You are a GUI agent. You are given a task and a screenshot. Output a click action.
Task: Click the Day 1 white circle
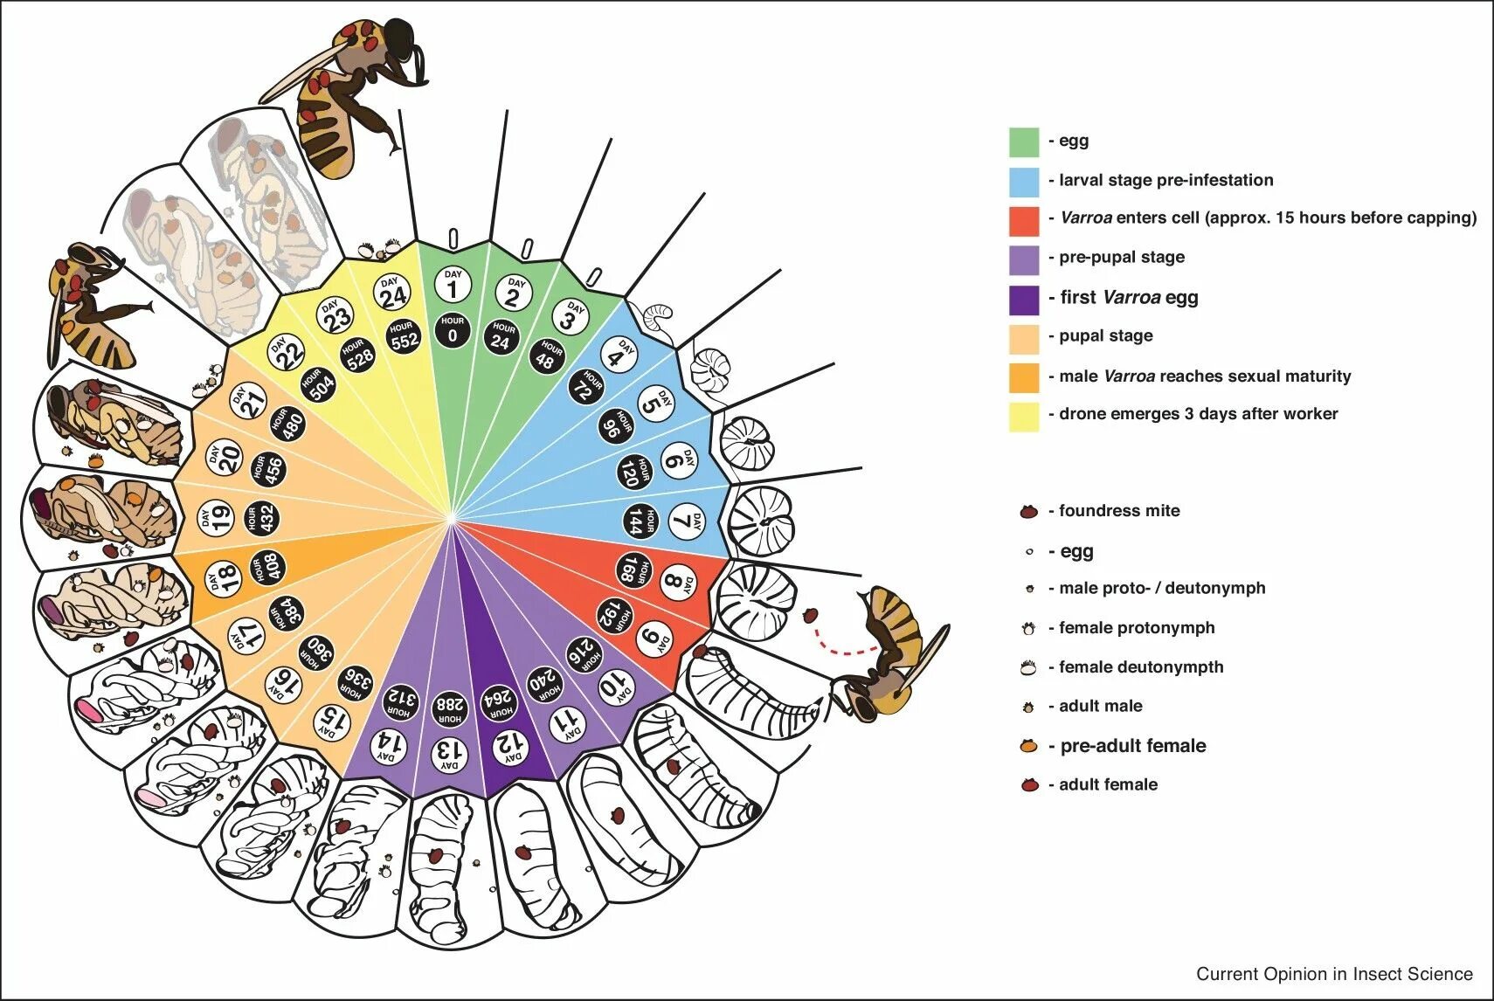coord(453,285)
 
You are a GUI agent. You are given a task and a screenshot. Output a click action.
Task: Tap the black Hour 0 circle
coord(453,330)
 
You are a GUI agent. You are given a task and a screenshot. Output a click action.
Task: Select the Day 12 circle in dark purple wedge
coord(509,745)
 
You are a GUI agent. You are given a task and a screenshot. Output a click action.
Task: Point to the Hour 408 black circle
coord(266,569)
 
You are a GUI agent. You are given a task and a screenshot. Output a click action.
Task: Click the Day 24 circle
coord(392,293)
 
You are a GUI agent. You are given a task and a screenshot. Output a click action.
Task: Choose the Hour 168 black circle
coord(633,570)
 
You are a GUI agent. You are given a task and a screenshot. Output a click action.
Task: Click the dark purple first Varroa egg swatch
coord(1024,299)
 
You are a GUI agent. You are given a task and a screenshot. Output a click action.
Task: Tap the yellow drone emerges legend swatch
coord(1024,416)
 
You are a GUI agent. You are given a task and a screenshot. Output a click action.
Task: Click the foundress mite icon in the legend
coord(1029,512)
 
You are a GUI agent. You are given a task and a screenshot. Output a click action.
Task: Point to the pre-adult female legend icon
coord(1029,747)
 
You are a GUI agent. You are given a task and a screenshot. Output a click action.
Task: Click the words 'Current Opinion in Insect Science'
coord(1334,974)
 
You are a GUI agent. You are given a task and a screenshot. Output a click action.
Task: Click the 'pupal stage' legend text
coord(1106,336)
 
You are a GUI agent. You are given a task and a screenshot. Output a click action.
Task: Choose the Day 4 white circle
coord(618,356)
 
